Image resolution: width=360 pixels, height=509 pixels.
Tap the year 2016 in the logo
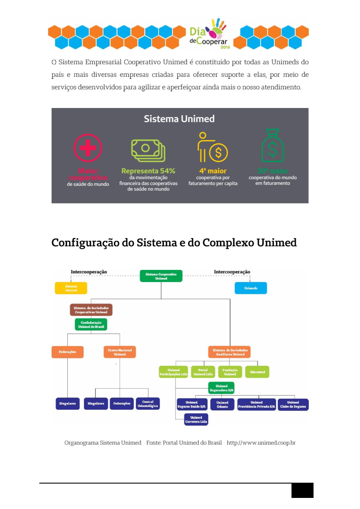pyautogui.click(x=225, y=47)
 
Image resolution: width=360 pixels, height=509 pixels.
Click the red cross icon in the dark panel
pyautogui.click(x=88, y=148)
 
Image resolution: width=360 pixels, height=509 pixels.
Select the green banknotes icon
pyautogui.click(x=148, y=151)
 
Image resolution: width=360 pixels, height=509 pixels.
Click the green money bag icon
pyautogui.click(x=272, y=146)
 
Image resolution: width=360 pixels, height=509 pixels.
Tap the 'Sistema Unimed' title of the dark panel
pyautogui.click(x=179, y=119)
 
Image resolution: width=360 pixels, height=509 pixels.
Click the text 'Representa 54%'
pyautogui.click(x=148, y=171)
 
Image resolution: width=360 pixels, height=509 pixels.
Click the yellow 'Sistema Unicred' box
pyautogui.click(x=71, y=288)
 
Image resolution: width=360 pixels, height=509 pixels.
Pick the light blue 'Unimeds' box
pyautogui.click(x=251, y=288)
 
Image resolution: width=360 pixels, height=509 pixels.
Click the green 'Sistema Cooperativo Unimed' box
pyautogui.click(x=161, y=276)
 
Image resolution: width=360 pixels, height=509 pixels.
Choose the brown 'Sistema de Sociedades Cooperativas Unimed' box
pyautogui.click(x=91, y=310)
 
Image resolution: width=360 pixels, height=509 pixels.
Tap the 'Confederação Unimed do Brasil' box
pyautogui.click(x=91, y=325)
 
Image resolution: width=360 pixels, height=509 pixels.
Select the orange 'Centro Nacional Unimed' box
pyautogui.click(x=120, y=352)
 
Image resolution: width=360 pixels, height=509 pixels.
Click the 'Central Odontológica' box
pyautogui.click(x=148, y=404)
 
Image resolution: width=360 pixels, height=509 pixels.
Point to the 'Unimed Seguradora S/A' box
pyautogui.click(x=222, y=388)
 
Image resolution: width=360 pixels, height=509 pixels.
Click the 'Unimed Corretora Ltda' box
pyautogui.click(x=196, y=419)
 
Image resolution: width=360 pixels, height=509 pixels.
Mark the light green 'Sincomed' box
pyautogui.click(x=257, y=372)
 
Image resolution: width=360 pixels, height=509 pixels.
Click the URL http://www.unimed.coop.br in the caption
pyautogui.click(x=261, y=443)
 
